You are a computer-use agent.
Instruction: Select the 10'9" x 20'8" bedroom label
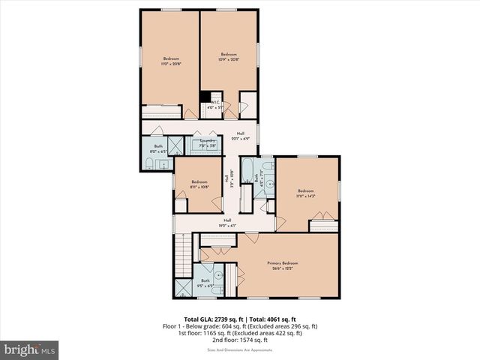[x=228, y=57]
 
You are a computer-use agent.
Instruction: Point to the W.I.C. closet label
[x=215, y=105]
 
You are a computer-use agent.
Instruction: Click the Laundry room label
[x=207, y=142]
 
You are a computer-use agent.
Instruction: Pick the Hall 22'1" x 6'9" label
[x=241, y=136]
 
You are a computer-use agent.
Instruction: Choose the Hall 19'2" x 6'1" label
[x=226, y=222]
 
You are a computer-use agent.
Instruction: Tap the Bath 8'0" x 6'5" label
[x=158, y=148]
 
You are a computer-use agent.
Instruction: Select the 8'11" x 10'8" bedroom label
[x=199, y=184]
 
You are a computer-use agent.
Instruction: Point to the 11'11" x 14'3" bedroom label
[x=305, y=193]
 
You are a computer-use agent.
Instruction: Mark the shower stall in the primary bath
[x=184, y=288]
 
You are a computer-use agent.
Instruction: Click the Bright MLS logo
[x=30, y=349]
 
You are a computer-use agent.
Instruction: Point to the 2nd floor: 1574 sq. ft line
[x=240, y=340]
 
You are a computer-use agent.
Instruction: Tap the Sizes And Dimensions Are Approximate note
[x=240, y=349]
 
